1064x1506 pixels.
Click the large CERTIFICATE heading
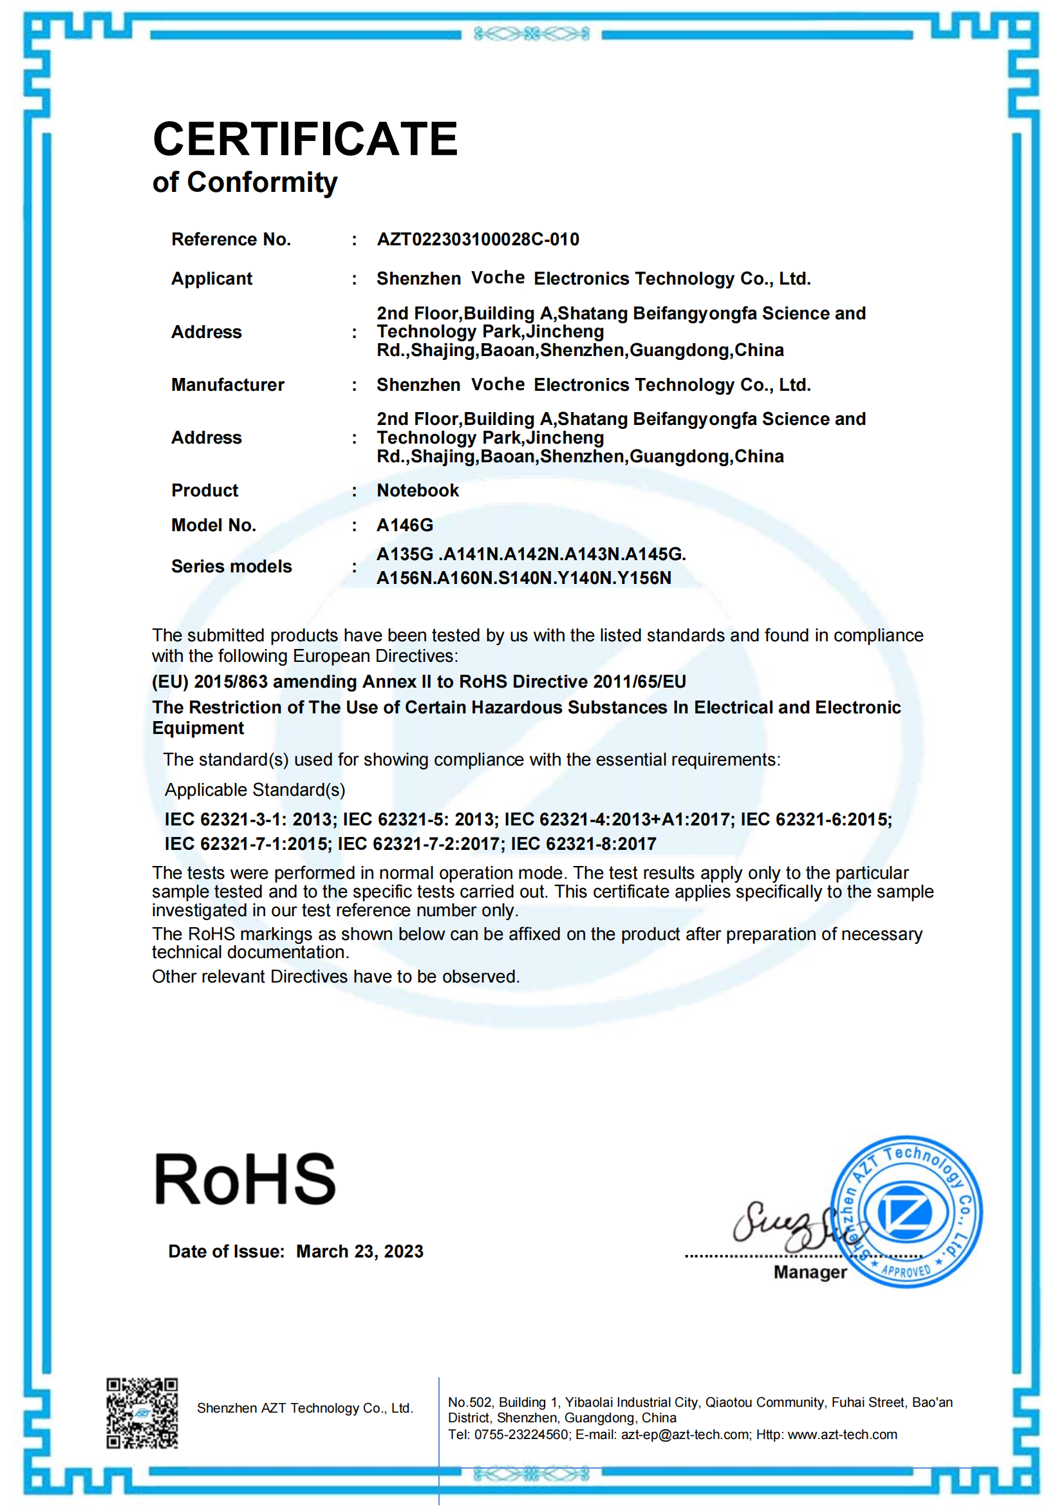click(x=305, y=139)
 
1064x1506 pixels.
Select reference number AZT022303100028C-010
click(x=478, y=240)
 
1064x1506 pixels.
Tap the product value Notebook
click(x=418, y=491)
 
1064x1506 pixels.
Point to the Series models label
click(x=232, y=567)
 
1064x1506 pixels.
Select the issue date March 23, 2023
click(x=360, y=1252)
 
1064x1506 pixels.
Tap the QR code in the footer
click(x=142, y=1413)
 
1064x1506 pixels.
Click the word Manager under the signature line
click(x=810, y=1272)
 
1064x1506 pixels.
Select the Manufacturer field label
click(x=227, y=385)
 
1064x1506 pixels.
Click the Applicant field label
click(x=212, y=279)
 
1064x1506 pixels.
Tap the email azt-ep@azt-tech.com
click(x=685, y=1435)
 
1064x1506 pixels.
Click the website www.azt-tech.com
click(x=842, y=1435)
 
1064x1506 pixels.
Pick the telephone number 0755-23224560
click(x=521, y=1435)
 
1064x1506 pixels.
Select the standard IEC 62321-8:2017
click(x=583, y=844)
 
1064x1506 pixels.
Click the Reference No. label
click(x=231, y=240)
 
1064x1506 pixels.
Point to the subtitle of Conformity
click(x=245, y=182)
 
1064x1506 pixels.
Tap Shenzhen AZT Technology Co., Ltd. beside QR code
click(x=305, y=1408)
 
